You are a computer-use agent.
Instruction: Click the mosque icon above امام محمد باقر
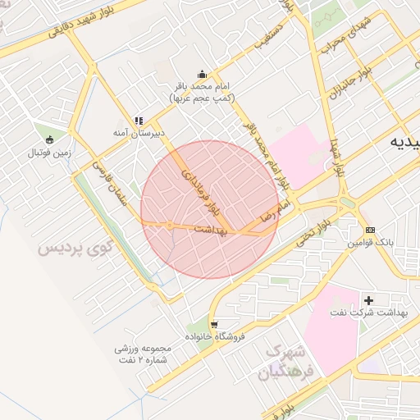click(203, 74)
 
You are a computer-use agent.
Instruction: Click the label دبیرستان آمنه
click(139, 131)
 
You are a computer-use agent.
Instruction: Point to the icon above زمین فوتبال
click(51, 139)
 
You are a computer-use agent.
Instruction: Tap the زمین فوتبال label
click(51, 153)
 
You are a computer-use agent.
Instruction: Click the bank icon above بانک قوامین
click(371, 231)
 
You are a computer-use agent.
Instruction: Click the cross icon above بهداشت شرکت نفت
click(368, 300)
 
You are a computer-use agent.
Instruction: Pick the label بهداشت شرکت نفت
click(368, 314)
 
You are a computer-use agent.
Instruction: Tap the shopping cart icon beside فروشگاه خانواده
click(214, 324)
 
